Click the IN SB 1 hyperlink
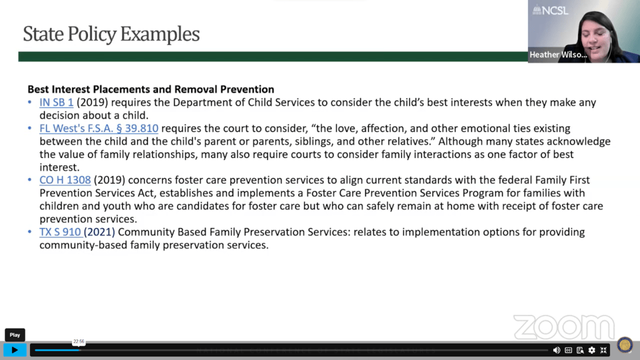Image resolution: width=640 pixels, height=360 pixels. (x=56, y=102)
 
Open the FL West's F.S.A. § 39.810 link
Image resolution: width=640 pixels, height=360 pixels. (x=99, y=129)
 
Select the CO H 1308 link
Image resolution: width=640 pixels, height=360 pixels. (x=65, y=180)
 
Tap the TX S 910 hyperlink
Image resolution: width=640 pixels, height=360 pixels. (x=60, y=232)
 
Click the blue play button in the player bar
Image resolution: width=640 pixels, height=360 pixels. (x=15, y=350)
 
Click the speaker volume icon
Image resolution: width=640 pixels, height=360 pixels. (x=556, y=350)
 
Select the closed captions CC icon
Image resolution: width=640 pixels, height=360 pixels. (x=568, y=350)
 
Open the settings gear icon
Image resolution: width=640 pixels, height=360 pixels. (x=592, y=350)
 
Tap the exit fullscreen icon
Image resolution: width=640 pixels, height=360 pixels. (x=604, y=350)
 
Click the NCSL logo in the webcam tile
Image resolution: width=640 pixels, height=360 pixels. (x=550, y=10)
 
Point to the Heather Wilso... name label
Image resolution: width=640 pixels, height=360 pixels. (x=558, y=55)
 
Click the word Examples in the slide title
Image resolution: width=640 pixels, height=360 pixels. (x=159, y=34)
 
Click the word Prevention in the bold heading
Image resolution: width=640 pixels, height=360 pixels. (x=247, y=89)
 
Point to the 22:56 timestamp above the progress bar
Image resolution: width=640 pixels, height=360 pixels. (x=79, y=342)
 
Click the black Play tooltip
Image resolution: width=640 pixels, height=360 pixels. (x=15, y=335)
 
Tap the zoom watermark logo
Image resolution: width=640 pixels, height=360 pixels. (x=564, y=327)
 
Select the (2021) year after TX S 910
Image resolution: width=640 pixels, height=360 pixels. (x=99, y=232)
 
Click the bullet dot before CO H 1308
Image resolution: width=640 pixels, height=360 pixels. (x=29, y=179)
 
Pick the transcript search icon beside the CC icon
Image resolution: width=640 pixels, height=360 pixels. (x=580, y=350)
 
